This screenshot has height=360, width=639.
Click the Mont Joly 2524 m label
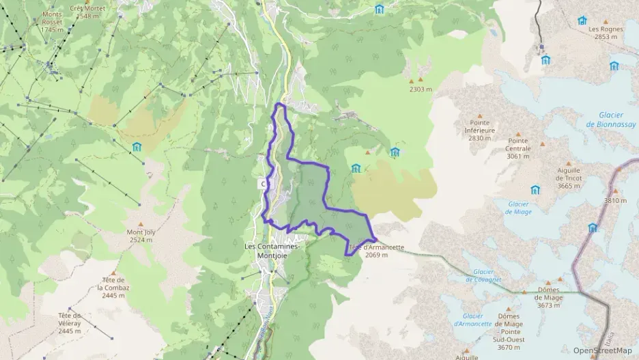tap(140, 236)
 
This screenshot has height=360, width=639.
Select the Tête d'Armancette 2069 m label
tap(376, 251)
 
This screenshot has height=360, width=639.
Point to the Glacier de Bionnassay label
tap(610, 121)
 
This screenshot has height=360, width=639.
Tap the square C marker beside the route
tap(263, 184)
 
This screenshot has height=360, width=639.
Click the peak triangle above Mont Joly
tap(141, 224)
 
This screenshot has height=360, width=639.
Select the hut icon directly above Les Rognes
tap(582, 20)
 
